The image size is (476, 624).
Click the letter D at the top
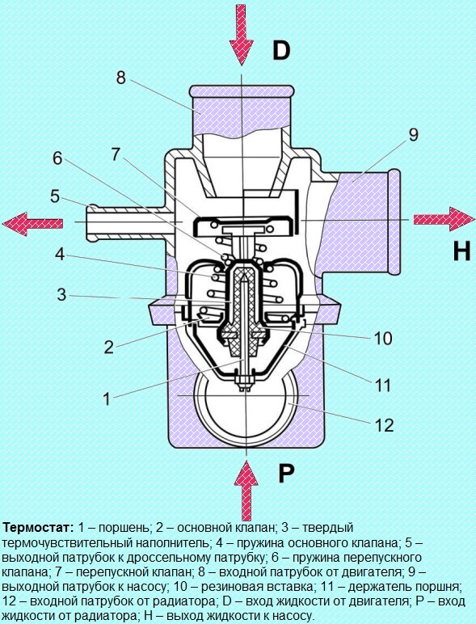(281, 51)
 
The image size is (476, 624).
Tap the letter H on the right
(462, 251)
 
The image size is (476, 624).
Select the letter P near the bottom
(286, 474)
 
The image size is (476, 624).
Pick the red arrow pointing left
(32, 223)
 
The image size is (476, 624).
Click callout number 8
(121, 78)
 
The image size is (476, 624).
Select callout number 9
(414, 135)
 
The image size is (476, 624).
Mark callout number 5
(55, 196)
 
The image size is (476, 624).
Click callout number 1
(106, 398)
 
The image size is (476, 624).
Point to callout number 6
(57, 158)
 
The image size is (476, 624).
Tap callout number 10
(383, 338)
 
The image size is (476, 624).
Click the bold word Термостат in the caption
(38, 528)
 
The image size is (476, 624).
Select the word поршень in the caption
(124, 528)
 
